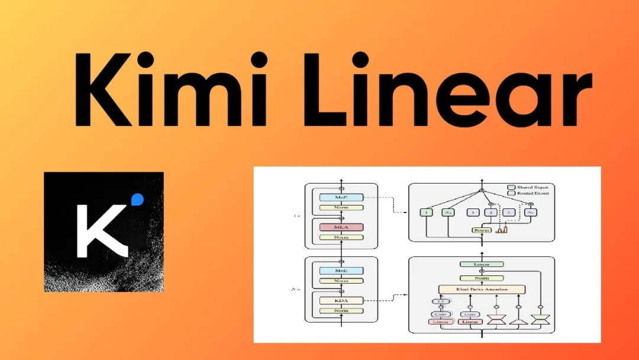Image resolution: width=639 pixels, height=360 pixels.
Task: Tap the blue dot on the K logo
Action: (138, 200)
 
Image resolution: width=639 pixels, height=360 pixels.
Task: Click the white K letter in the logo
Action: (101, 230)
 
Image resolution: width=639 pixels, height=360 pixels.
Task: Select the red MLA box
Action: (341, 227)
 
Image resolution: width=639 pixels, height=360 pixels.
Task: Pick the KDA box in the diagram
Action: (341, 300)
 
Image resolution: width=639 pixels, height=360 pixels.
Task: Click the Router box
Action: (482, 230)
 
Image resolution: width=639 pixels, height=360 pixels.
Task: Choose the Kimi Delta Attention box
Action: (482, 290)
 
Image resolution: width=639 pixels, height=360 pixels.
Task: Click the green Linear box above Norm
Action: (482, 264)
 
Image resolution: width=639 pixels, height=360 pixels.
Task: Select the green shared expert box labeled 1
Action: (426, 212)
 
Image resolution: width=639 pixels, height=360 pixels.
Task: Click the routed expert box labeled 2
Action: (490, 212)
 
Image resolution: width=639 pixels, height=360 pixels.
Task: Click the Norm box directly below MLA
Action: (341, 237)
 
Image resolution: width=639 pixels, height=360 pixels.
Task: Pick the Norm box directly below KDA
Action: (341, 310)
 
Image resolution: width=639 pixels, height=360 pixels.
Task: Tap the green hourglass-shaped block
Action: (540, 320)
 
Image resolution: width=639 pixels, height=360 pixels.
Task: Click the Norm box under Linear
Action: (482, 278)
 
